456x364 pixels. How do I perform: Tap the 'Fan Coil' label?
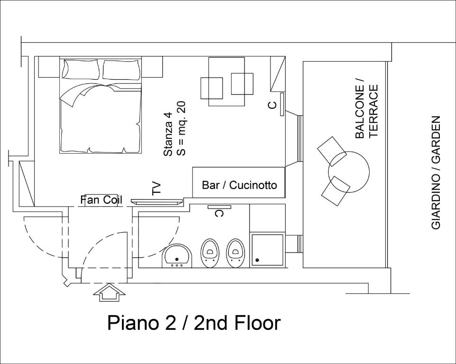[101, 200]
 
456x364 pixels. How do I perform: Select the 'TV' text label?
[157, 189]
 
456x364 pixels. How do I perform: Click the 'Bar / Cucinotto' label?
[239, 185]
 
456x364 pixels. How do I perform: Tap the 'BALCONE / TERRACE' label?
[366, 111]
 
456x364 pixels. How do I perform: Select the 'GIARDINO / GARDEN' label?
[436, 173]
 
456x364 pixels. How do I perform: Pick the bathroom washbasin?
[177, 256]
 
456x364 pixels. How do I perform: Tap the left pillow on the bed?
[81, 69]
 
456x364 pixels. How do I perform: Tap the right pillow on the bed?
[122, 69]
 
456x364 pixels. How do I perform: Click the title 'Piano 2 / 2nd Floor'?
[194, 323]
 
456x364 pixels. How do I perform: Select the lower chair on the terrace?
[335, 191]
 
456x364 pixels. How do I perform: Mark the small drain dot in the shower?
[257, 260]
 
